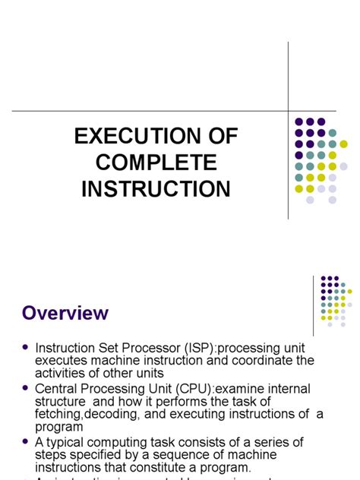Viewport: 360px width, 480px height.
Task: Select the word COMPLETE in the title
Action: tap(156, 163)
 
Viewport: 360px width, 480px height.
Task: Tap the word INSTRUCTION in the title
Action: tap(156, 188)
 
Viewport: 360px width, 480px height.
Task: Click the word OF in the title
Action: tap(219, 137)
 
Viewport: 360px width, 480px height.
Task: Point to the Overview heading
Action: tap(65, 313)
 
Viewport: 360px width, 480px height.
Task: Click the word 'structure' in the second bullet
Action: tap(61, 401)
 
